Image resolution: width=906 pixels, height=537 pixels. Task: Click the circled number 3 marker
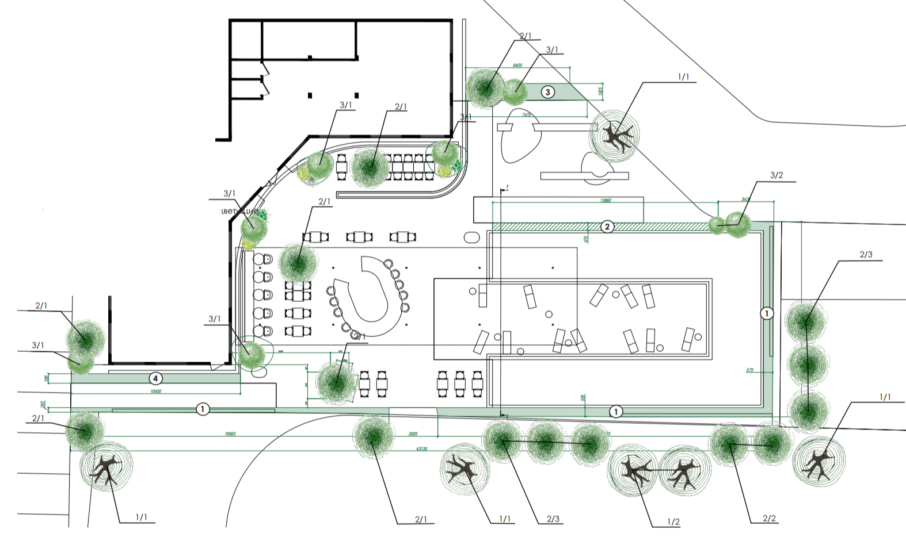pyautogui.click(x=547, y=92)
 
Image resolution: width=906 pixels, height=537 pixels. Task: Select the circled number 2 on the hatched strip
pyautogui.click(x=607, y=227)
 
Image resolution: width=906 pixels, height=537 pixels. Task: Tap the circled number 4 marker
pyautogui.click(x=155, y=378)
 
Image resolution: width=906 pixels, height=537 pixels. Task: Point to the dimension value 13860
pyautogui.click(x=605, y=201)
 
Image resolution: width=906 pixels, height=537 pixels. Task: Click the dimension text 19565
pyautogui.click(x=230, y=434)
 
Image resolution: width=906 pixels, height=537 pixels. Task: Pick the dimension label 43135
pyautogui.click(x=421, y=448)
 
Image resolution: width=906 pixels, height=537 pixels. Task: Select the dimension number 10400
pyautogui.click(x=155, y=392)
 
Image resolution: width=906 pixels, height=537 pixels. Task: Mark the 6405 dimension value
pyautogui.click(x=517, y=66)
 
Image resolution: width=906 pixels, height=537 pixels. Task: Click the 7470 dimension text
pyautogui.click(x=526, y=115)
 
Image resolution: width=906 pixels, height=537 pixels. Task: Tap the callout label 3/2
pyautogui.click(x=776, y=175)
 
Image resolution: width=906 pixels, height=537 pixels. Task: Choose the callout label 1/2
pyautogui.click(x=673, y=522)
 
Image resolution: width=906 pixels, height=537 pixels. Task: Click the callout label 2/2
pyautogui.click(x=769, y=519)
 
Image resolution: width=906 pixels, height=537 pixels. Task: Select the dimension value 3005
pyautogui.click(x=413, y=434)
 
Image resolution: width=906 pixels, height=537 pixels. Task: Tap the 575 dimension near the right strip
pyautogui.click(x=749, y=370)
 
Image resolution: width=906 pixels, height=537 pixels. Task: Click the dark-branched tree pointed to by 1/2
pyautogui.click(x=632, y=471)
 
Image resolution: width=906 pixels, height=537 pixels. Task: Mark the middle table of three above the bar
pyautogui.click(x=359, y=236)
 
